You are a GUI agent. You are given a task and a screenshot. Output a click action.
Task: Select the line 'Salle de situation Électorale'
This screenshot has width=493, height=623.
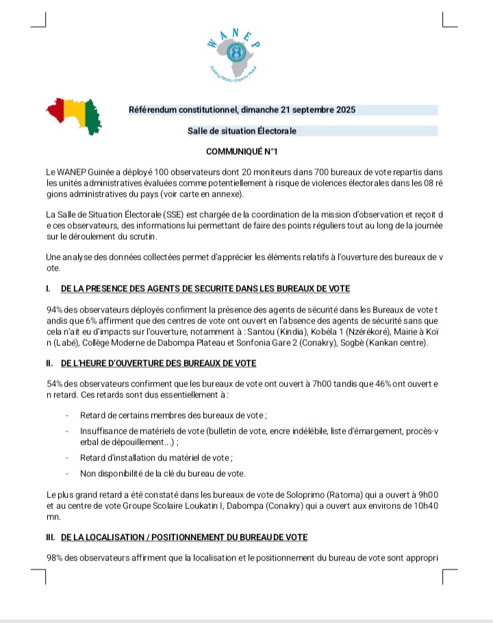(x=242, y=130)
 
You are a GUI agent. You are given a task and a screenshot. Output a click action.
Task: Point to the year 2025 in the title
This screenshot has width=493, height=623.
(x=344, y=110)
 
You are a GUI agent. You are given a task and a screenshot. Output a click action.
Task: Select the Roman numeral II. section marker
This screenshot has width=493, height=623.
(x=51, y=363)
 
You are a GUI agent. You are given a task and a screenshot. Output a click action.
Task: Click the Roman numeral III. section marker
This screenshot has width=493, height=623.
(x=52, y=537)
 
